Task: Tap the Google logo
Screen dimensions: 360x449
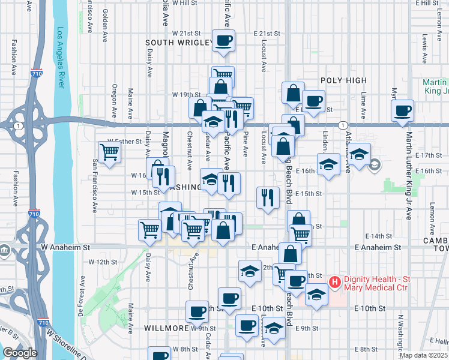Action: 20,353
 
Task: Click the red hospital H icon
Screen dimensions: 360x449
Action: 335,281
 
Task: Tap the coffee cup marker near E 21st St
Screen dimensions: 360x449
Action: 223,41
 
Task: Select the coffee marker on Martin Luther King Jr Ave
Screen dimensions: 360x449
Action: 402,110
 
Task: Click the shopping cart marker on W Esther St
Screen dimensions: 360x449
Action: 109,152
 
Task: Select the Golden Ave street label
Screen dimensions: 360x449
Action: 106,20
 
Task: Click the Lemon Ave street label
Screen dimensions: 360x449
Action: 432,214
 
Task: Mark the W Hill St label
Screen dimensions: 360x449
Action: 184,3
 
